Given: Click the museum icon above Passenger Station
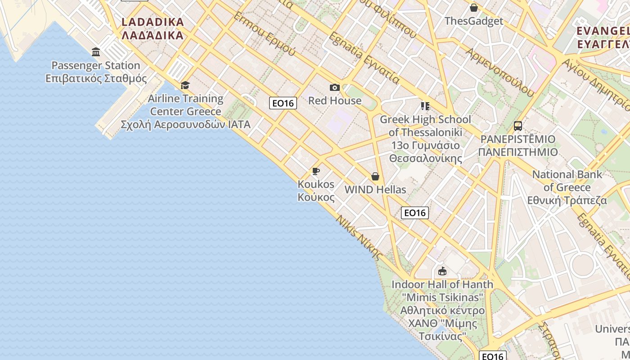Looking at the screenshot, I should point(96,52).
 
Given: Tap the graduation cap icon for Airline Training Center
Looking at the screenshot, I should point(185,85).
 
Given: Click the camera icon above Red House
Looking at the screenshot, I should point(334,87).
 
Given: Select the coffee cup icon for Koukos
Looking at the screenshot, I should point(316,171).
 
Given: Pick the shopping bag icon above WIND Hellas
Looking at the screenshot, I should point(375,176).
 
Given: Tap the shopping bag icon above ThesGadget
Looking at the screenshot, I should point(473,8).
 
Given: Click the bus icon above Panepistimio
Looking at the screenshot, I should point(518,126).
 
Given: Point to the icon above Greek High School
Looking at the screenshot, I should point(425,106).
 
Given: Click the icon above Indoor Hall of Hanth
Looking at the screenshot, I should point(442,271).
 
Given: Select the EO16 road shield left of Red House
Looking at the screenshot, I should point(283,103).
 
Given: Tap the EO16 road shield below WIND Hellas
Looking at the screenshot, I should point(414,213).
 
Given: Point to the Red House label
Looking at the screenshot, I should point(335,101).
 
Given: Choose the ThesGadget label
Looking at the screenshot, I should point(474,21).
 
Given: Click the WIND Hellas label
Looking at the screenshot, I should point(375,190).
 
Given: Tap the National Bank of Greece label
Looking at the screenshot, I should point(567,187).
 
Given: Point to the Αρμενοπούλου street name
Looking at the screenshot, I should point(499,72).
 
